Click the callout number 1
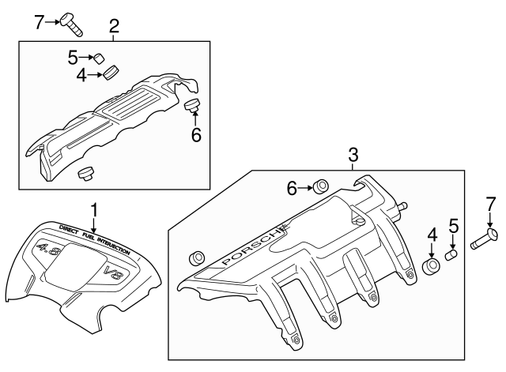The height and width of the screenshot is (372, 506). pos(94,209)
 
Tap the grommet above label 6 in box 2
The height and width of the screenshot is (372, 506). pos(192,105)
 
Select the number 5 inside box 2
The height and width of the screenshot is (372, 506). pos(72,57)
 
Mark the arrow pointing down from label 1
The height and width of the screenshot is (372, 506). pos(94,226)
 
